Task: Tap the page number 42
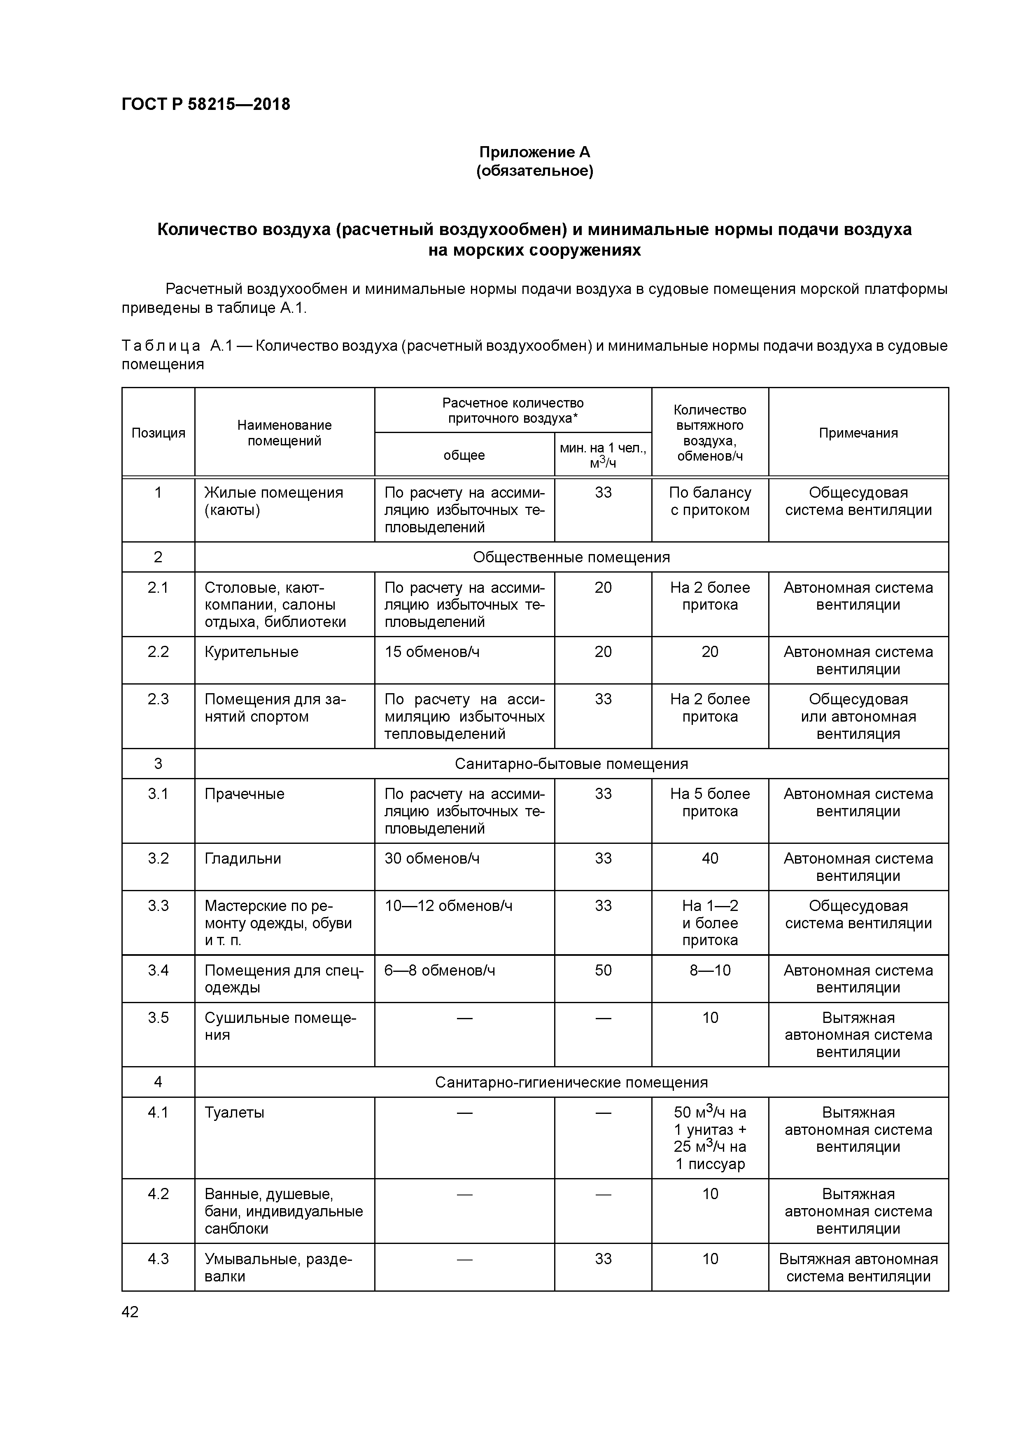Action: [130, 1311]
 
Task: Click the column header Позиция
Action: [158, 433]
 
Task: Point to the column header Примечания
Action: [858, 433]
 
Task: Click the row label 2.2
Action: [158, 652]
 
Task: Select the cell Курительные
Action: [252, 652]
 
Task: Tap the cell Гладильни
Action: [243, 859]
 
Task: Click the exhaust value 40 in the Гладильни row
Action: [710, 859]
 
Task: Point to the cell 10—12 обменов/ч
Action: [448, 906]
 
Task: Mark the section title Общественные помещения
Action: [571, 557]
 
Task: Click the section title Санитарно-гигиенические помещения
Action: [571, 1082]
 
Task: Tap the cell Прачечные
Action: [244, 794]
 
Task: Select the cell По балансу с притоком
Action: [710, 501]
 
